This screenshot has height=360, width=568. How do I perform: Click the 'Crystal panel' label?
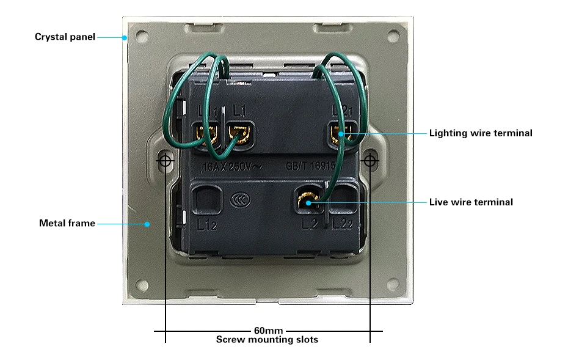click(64, 37)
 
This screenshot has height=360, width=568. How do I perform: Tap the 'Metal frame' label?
click(67, 223)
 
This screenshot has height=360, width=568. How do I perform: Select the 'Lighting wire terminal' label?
click(481, 133)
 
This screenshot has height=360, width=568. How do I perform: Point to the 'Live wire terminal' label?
click(471, 202)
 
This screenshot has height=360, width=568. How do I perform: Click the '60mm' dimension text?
click(268, 331)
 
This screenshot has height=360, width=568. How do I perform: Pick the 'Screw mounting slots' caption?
click(267, 340)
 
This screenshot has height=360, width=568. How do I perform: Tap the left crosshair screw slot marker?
click(166, 161)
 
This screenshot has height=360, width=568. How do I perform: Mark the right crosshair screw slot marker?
click(370, 161)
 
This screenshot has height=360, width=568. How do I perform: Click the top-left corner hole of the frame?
click(142, 35)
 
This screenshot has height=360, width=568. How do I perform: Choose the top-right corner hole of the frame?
click(391, 35)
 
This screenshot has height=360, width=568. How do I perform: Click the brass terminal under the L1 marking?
click(238, 132)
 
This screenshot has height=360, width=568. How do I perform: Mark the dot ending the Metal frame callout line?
click(147, 224)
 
